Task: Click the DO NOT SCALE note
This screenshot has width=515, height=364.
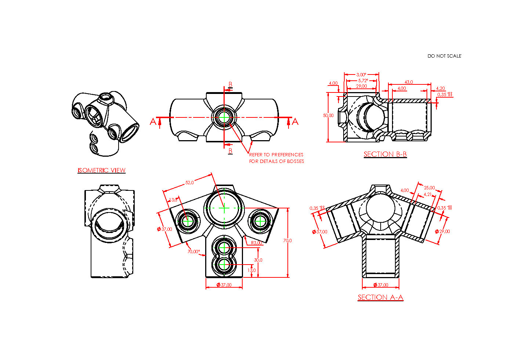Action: click(x=444, y=56)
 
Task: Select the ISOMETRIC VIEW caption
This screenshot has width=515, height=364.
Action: click(x=101, y=170)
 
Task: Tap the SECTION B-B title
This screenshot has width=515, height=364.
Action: click(x=385, y=154)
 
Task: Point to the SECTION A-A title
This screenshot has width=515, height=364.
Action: click(x=380, y=297)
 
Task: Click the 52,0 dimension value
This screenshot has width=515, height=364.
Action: click(x=190, y=182)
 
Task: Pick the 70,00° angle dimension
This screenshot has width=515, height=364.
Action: click(x=193, y=252)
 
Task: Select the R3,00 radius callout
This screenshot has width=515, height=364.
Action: click(x=257, y=243)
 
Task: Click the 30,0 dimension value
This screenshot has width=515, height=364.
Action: click(x=258, y=260)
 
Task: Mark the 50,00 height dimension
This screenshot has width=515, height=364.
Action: click(x=328, y=116)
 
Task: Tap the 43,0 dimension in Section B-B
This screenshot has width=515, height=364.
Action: click(x=409, y=82)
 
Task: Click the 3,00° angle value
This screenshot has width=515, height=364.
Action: click(x=361, y=75)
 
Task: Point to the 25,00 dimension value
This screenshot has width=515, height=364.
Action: click(x=429, y=188)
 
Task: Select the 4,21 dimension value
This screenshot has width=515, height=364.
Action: click(x=428, y=194)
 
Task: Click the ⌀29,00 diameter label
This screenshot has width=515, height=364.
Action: click(x=442, y=232)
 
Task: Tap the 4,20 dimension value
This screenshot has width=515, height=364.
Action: click(x=440, y=88)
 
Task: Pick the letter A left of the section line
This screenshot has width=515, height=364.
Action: click(x=153, y=121)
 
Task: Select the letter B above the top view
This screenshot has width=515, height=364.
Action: click(x=230, y=84)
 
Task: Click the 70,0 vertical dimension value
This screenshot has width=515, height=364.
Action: click(x=287, y=241)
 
